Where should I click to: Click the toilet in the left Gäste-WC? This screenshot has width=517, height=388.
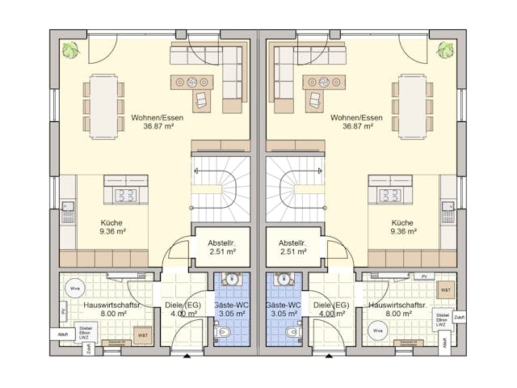(x=220, y=332)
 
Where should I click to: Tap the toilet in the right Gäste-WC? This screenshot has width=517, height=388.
(x=295, y=332)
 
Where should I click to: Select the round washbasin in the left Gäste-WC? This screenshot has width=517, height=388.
(x=233, y=280)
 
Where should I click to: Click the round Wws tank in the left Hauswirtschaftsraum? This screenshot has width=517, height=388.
(x=75, y=288)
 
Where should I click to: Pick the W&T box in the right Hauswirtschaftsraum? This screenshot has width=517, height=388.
(x=445, y=289)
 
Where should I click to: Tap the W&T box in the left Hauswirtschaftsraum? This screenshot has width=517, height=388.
(x=142, y=334)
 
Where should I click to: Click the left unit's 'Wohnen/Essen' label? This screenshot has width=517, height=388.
(x=157, y=117)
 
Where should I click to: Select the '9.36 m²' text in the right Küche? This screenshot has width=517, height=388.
(x=403, y=231)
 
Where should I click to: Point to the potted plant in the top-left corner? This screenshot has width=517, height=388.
(x=72, y=49)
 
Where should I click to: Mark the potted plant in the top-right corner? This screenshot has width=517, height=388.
(x=445, y=49)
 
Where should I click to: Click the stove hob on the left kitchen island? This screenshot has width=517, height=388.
(x=126, y=195)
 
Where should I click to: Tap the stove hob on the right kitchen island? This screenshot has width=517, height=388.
(x=391, y=195)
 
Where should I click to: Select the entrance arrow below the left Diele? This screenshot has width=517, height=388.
(x=187, y=355)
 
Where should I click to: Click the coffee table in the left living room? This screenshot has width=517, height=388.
(x=192, y=82)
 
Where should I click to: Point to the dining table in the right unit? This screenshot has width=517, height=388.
(x=412, y=106)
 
